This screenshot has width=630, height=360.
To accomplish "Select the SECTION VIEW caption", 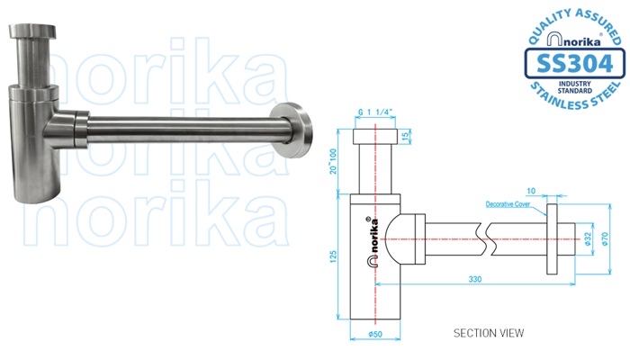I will pyautogui.click(x=489, y=332).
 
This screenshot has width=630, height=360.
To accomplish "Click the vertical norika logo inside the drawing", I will pyautogui.click(x=369, y=239).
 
